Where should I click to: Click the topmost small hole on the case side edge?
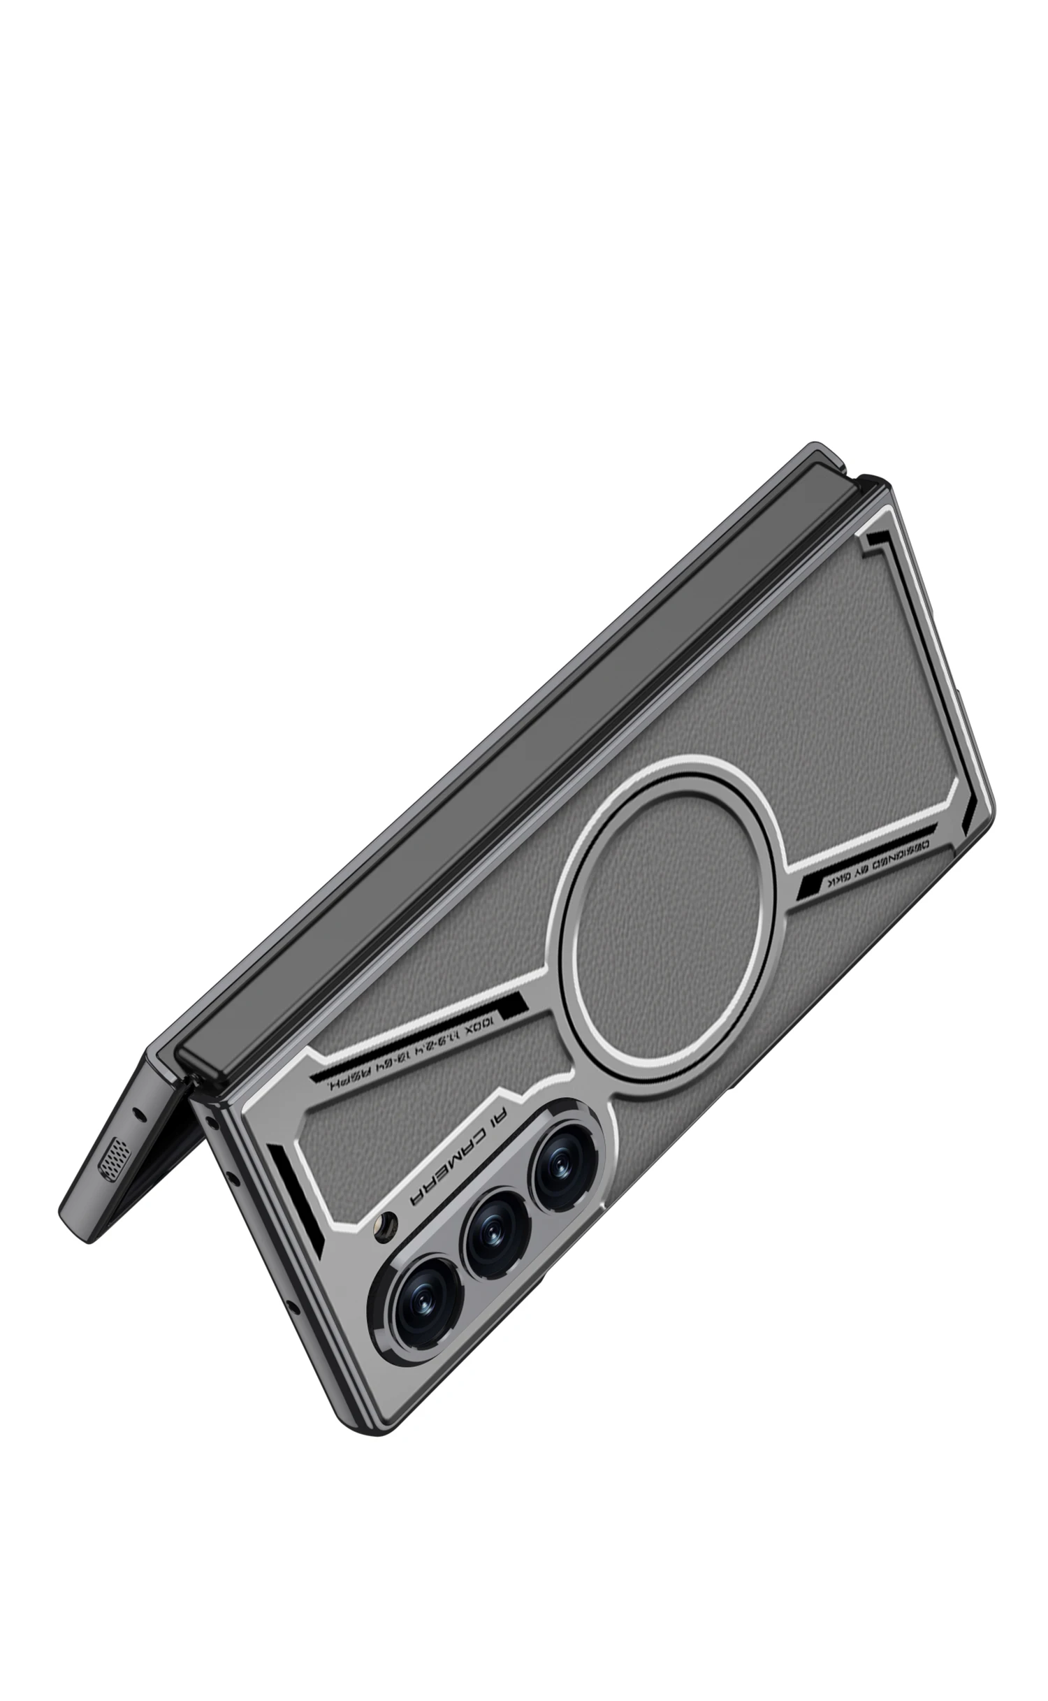(x=210, y=1120)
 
